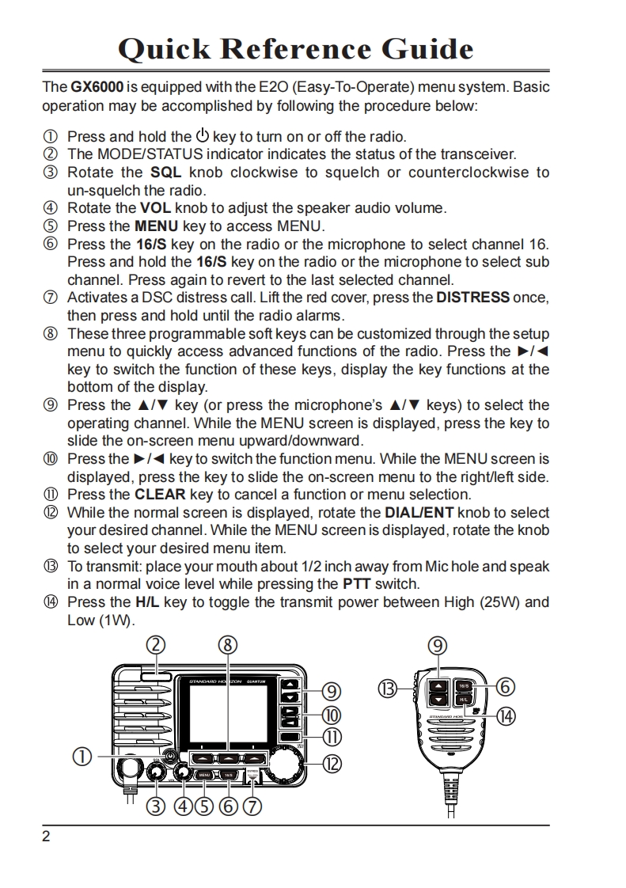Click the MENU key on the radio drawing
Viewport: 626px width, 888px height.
204,775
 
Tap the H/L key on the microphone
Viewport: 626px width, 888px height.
463,700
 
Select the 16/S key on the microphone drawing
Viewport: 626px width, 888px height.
464,685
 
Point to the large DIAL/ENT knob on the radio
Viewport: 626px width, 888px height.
286,764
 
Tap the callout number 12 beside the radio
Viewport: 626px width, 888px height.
333,764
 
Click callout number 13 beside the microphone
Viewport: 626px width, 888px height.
387,689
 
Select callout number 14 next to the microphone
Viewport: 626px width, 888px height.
505,716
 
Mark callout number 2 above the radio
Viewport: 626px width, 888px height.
155,646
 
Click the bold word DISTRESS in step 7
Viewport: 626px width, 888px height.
472,298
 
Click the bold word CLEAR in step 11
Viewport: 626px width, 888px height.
161,495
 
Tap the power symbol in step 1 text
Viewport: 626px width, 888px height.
202,135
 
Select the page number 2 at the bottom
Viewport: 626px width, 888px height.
46,837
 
